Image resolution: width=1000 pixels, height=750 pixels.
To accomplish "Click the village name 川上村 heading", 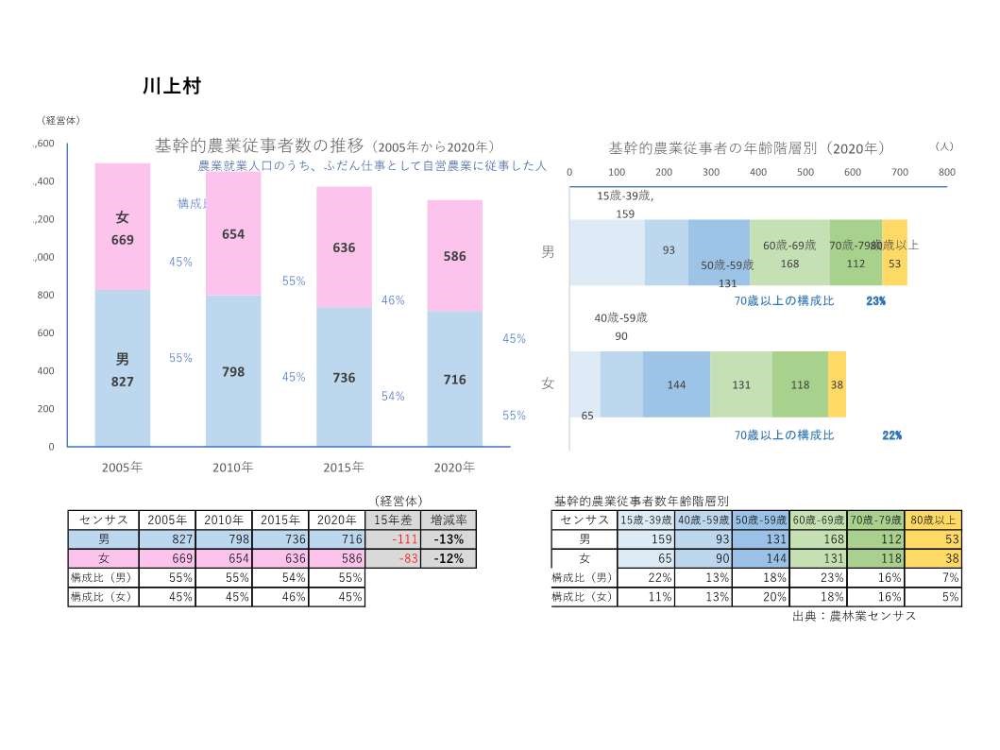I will (172, 86).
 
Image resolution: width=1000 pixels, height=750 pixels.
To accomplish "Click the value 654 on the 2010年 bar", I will (233, 234).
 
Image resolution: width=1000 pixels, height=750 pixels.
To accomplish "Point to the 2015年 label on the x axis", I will (344, 467).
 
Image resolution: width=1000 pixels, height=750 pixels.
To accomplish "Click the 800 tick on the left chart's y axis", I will (44, 295).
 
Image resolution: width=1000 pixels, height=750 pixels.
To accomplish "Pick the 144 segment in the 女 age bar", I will (676, 384).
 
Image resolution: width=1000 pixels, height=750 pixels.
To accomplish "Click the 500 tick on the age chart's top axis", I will (805, 172).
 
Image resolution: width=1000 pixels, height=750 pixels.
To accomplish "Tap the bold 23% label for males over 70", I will (875, 301).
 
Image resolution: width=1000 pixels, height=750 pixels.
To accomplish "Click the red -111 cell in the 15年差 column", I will (392, 538).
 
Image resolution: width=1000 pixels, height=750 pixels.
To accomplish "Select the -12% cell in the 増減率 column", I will (448, 558).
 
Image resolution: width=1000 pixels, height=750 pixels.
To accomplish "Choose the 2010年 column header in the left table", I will (224, 520).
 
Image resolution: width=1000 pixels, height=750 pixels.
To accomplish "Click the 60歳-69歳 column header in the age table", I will (818, 520).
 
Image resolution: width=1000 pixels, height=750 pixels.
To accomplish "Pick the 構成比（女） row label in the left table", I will (103, 597).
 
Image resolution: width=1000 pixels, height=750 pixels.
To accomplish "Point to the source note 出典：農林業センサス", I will (854, 616).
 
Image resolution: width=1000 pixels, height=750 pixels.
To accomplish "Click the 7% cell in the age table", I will (933, 577).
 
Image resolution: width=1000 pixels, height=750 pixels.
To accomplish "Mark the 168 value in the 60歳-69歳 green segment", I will (789, 264).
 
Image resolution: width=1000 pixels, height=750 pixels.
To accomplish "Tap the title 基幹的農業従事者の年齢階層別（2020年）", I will (746, 148).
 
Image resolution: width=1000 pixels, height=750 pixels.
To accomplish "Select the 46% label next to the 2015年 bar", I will (393, 300).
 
